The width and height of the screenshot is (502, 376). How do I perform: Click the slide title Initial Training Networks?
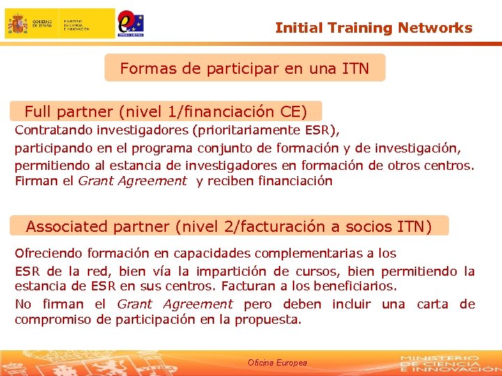[374, 28]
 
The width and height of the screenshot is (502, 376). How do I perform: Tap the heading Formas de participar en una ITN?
[244, 68]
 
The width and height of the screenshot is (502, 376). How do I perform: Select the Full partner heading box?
[166, 111]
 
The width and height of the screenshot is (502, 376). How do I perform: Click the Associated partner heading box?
[229, 226]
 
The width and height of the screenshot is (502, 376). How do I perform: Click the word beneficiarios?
[355, 286]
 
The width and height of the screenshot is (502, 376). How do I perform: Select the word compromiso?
[53, 320]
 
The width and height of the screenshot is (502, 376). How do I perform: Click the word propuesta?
[268, 320]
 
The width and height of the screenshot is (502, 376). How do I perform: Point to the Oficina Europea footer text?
[277, 363]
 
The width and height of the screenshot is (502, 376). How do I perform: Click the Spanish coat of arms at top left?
[18, 24]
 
